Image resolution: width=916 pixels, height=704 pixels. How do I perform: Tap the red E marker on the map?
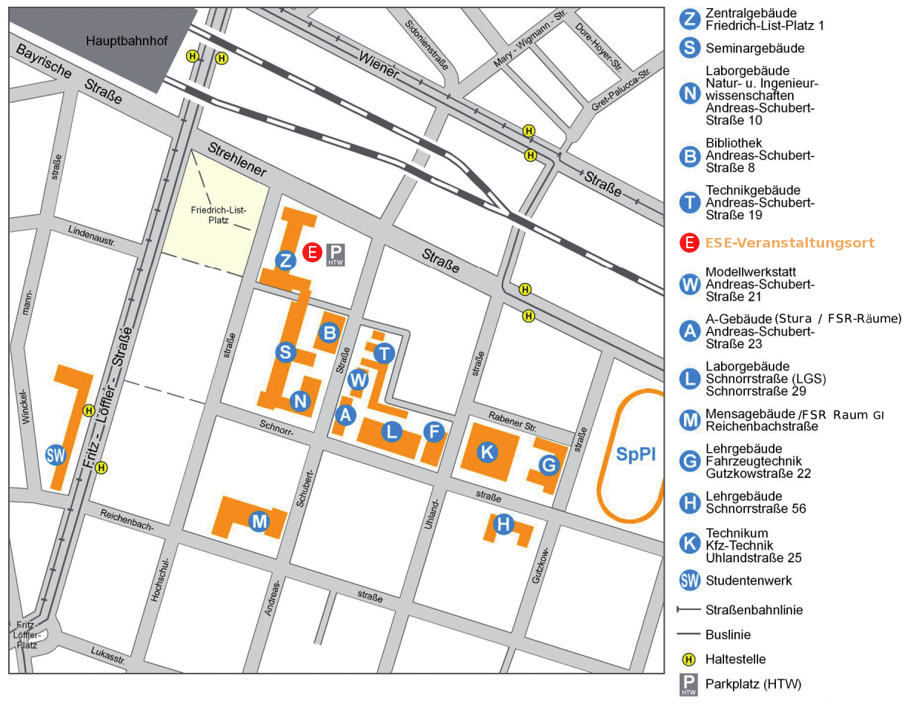[x=313, y=253]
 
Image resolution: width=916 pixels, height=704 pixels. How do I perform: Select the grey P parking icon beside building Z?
[x=336, y=254]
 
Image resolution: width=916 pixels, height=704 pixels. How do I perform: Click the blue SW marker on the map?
[x=56, y=454]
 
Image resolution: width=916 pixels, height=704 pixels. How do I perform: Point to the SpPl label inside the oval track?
[x=636, y=455]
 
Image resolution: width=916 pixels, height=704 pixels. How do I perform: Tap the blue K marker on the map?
[x=487, y=451]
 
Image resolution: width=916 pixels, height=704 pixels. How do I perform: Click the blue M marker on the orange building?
[x=259, y=522]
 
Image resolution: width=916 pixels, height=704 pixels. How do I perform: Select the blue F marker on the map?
[x=434, y=431]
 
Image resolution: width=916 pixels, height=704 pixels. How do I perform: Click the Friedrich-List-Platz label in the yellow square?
[x=218, y=216]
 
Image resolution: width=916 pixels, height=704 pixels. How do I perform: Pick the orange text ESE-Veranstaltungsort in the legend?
[x=789, y=243]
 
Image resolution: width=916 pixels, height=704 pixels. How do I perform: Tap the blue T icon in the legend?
[x=690, y=202]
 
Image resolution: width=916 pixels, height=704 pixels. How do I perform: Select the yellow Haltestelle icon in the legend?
[x=689, y=659]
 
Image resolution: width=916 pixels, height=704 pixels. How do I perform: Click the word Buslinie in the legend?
[x=728, y=635]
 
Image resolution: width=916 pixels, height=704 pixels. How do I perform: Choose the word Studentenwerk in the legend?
[x=749, y=580]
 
